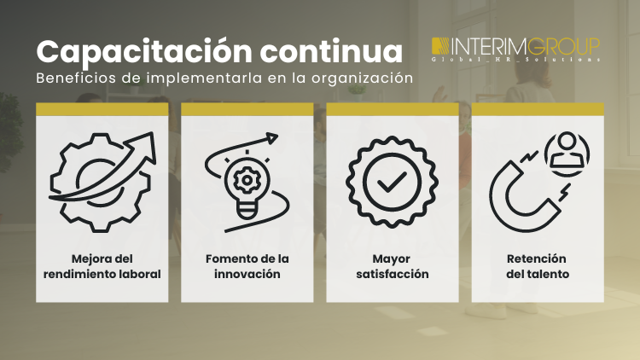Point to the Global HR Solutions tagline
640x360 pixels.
(515, 60)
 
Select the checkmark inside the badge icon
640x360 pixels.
(393, 182)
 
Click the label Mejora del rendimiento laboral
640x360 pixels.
(103, 266)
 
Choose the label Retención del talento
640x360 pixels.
(537, 266)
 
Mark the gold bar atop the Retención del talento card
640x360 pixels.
(538, 109)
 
